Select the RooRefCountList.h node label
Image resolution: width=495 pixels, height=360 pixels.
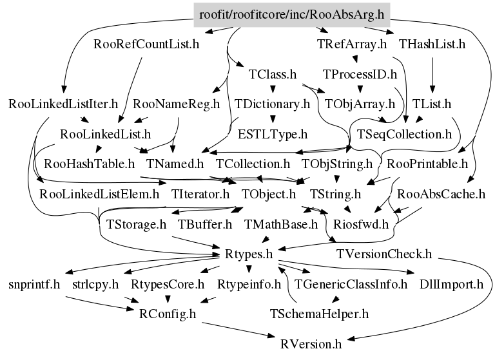pos(146,44)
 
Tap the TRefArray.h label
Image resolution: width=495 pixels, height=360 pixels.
pos(351,44)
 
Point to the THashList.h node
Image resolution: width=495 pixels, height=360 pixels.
pos(432,44)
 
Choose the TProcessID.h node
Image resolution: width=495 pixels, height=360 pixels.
pos(360,74)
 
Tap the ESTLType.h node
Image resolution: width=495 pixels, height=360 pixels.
pos(273,134)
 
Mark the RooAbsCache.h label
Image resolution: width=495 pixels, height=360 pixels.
pos(442,193)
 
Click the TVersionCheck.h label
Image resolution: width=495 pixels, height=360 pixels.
pos(384,254)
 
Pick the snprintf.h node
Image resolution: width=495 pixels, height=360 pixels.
pos(34,283)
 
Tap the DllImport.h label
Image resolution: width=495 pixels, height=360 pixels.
pos(451,283)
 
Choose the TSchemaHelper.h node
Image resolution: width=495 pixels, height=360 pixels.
pos(318,314)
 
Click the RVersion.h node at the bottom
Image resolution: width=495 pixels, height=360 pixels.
pos(310,343)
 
